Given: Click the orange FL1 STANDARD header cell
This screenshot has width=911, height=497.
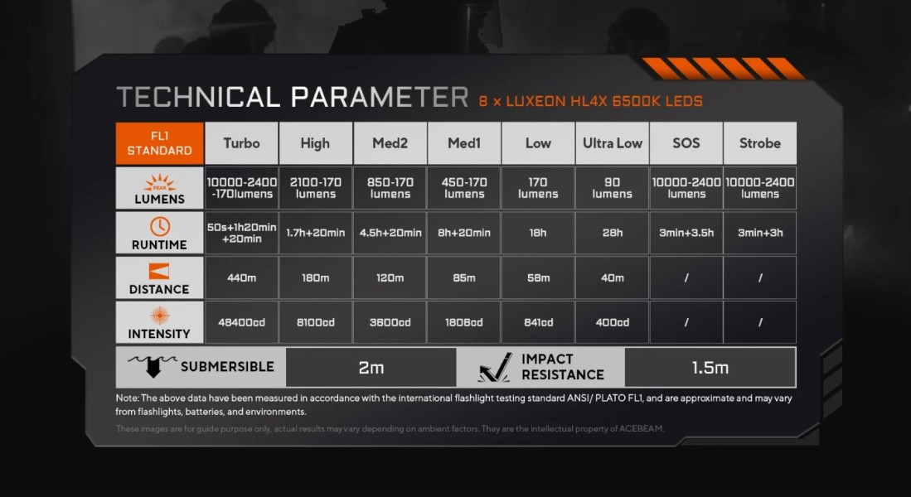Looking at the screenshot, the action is click(x=160, y=143).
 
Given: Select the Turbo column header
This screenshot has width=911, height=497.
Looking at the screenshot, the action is click(x=242, y=143).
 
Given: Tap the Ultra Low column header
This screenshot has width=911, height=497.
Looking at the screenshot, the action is click(x=613, y=143).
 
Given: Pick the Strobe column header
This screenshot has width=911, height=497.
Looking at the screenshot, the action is click(x=760, y=143).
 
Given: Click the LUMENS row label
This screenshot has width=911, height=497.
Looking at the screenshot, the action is click(x=160, y=199).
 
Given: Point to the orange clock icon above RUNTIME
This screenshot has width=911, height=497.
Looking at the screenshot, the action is click(x=160, y=226).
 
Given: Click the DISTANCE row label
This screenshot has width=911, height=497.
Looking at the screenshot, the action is click(x=160, y=289).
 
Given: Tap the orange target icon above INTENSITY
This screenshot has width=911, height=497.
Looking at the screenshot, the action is click(x=160, y=316).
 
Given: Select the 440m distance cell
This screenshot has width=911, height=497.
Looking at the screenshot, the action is click(x=242, y=278).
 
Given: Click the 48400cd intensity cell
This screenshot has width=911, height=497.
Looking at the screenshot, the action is click(x=242, y=322).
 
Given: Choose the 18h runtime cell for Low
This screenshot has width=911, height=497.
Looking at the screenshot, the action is click(x=538, y=233).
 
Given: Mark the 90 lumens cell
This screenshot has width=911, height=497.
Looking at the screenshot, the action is click(x=613, y=188).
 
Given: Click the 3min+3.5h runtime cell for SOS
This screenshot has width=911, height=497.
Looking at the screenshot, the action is click(x=686, y=233).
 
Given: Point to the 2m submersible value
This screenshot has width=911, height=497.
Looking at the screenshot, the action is click(x=371, y=368).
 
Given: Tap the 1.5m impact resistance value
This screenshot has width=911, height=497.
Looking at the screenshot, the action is click(x=710, y=368).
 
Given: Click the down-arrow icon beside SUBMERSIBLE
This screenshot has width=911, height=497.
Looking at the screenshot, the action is click(x=153, y=366).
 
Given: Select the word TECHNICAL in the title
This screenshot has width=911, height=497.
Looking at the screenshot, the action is click(x=198, y=97).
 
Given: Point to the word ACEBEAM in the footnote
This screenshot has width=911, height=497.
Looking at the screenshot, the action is click(x=641, y=429).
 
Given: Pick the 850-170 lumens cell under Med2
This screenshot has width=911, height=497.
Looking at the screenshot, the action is click(x=390, y=188).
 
